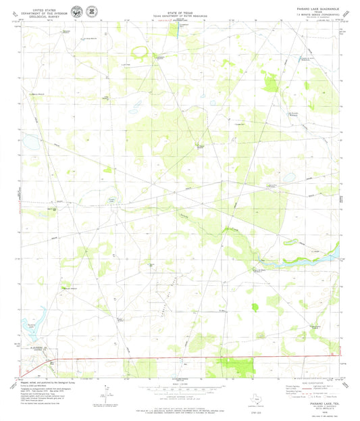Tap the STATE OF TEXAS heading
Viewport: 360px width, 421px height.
[x=180, y=7]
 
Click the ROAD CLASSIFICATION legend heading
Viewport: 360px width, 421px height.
[x=309, y=382]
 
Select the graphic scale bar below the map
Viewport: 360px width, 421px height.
[x=180, y=389]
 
